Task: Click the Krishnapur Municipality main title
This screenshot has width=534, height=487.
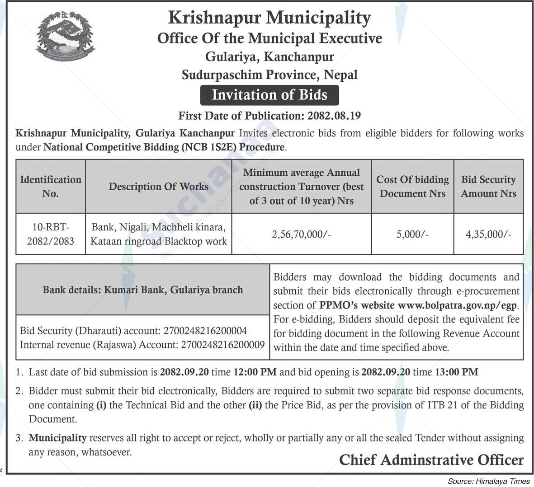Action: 269,18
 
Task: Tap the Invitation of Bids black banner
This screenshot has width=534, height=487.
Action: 269,95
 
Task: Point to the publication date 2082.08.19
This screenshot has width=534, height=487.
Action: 334,116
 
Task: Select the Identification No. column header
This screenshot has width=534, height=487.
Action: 51,186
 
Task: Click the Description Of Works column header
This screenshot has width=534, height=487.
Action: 158,186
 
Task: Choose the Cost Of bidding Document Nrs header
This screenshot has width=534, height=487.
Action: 412,186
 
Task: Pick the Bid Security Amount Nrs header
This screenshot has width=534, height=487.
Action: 488,186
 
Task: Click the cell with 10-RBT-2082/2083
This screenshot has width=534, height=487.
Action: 51,234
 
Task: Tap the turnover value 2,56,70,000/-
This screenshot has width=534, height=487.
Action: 301,234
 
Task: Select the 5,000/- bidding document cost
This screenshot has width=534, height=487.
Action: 412,234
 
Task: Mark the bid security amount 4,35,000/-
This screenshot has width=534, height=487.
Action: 488,234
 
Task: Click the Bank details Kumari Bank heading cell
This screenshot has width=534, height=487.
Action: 142,290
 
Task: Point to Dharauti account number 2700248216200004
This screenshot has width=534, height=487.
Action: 204,331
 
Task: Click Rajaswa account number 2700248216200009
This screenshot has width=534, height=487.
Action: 222,345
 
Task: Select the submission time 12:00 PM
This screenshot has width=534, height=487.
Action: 255,372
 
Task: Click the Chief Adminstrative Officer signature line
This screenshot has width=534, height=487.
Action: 431,460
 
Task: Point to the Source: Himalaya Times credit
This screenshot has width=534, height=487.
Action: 488,481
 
